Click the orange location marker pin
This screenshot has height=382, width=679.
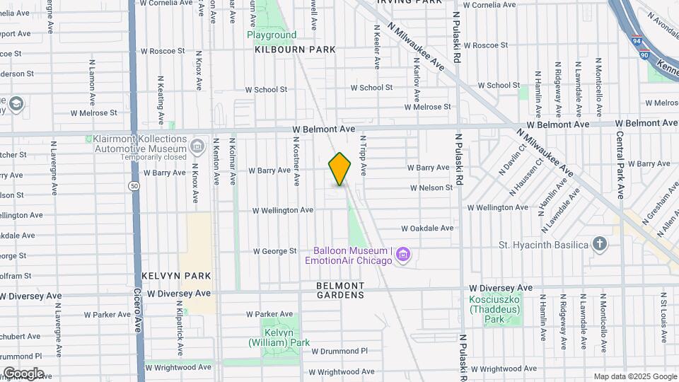339,169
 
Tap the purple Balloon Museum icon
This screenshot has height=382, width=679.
403,254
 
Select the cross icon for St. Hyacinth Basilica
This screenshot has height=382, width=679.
600,244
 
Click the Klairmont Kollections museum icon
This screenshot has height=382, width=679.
197,146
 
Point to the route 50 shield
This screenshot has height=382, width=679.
133,186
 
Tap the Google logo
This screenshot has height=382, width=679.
23,373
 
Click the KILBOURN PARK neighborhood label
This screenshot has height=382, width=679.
296,50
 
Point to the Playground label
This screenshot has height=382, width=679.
272,35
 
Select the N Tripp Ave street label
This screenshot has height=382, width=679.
363,156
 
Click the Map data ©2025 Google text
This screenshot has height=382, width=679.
634,376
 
